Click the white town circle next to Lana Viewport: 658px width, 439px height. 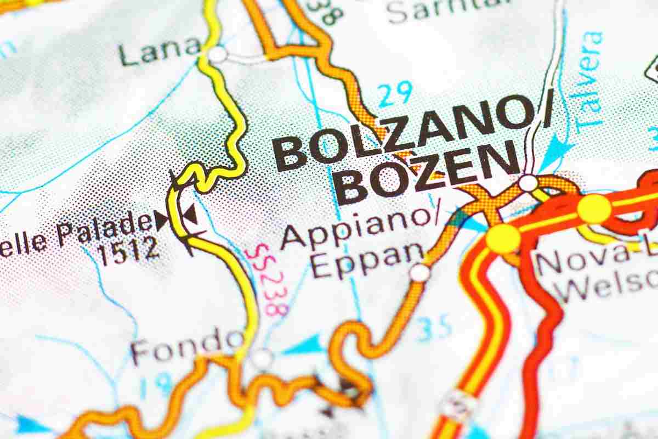(x=218, y=55)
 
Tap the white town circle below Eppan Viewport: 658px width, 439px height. (x=419, y=272)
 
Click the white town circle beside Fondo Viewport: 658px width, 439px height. (x=262, y=358)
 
